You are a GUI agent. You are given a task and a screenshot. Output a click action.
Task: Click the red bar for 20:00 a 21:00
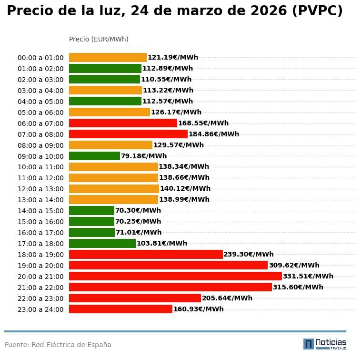pos(175,276)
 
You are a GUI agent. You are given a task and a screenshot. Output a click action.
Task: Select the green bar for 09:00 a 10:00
pos(94,156)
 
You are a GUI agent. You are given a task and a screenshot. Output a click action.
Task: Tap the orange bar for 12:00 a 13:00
pos(114,189)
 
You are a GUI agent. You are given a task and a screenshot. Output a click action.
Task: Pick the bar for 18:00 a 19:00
pos(146,255)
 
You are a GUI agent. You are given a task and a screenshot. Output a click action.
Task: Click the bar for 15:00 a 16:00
pos(91,222)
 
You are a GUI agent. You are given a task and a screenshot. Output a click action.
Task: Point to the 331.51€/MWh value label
pos(308,277)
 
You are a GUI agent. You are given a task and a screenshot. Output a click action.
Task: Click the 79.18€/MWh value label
pos(144,156)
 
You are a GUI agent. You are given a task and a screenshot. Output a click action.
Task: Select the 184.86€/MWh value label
pos(214,134)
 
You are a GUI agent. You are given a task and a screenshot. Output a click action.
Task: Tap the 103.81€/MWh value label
pos(162,244)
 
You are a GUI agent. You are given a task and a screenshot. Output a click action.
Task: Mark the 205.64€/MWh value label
pos(227,298)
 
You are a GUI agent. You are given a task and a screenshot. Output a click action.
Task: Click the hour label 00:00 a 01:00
pos(40,58)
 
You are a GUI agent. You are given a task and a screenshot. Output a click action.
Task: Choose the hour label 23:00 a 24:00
pos(40,309)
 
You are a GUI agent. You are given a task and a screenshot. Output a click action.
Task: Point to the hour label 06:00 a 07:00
pos(40,123)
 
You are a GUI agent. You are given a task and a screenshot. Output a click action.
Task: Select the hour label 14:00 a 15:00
pos(40,211)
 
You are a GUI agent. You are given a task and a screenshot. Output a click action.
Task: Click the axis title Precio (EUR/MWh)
pos(99,39)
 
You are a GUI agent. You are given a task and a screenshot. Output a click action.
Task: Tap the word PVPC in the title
pos(317,11)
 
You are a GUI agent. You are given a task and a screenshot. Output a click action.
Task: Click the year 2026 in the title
pos(261,11)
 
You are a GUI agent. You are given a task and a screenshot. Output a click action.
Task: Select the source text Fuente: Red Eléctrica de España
pos(58,345)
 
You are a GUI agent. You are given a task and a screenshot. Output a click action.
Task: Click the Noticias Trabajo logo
pos(325,344)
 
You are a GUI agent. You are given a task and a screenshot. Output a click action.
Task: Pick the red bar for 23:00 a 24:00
pos(120,309)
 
